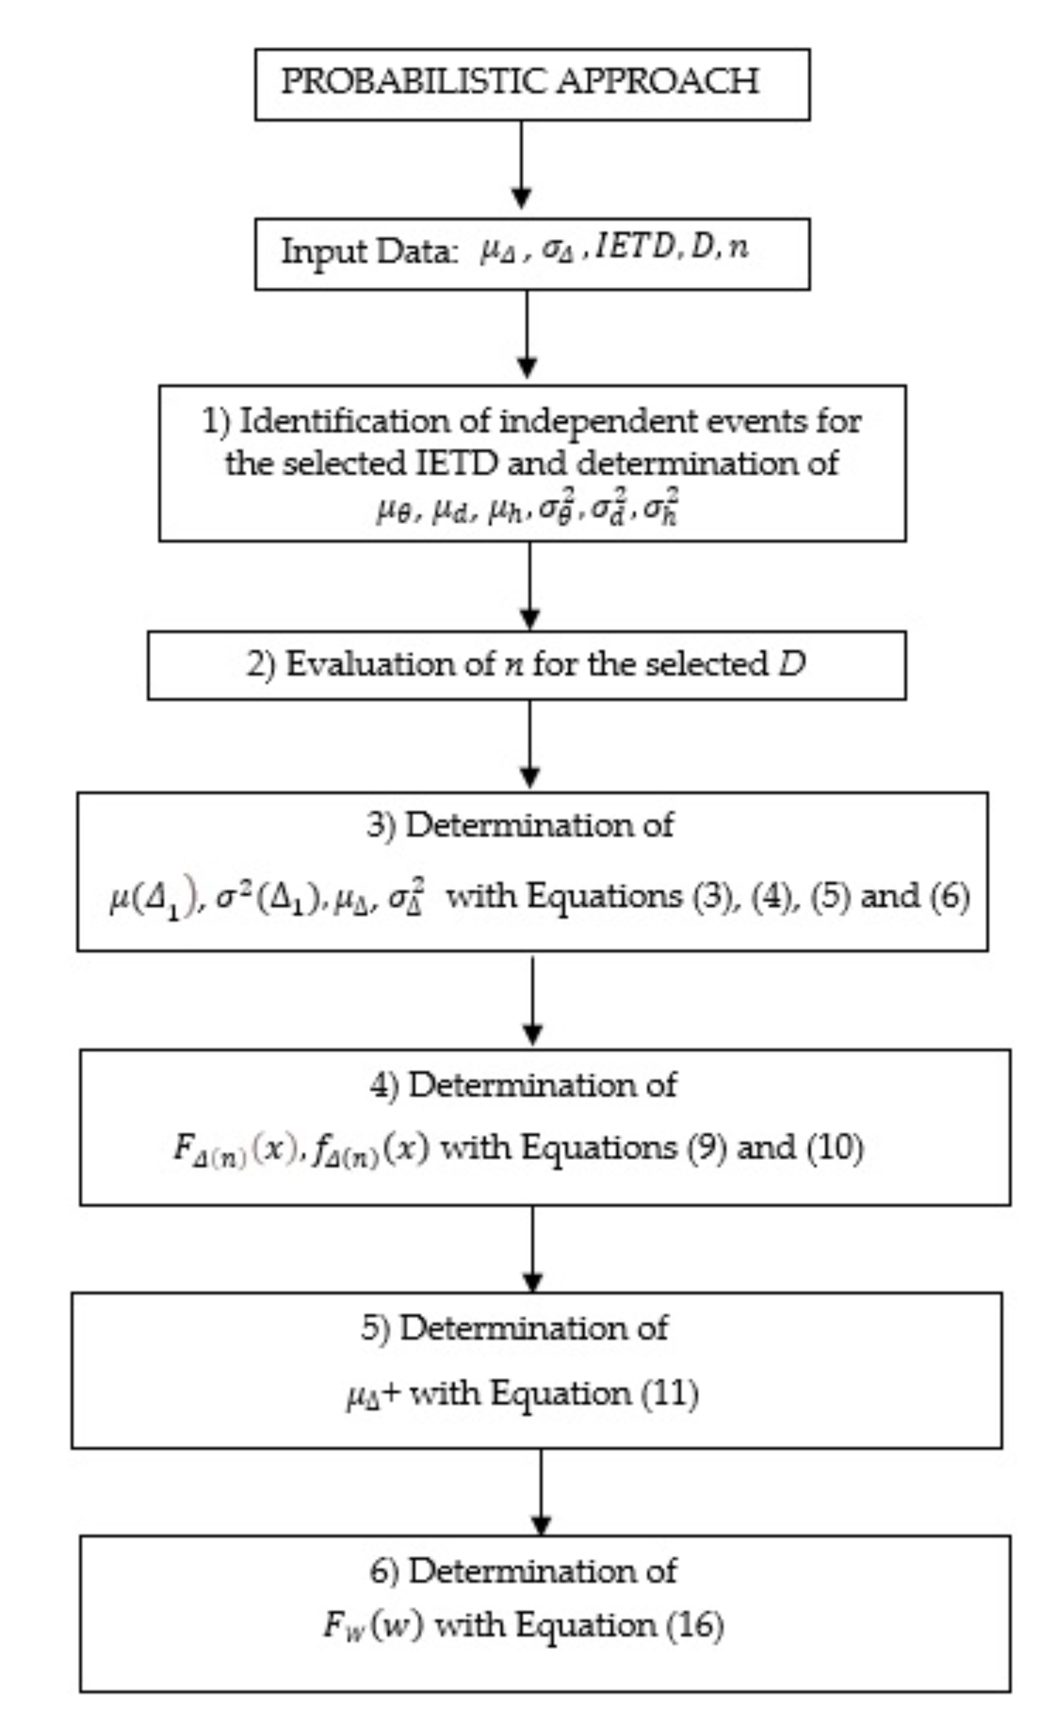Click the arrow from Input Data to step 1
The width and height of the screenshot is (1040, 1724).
526,335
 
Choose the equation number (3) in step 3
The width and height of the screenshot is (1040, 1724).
715,896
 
